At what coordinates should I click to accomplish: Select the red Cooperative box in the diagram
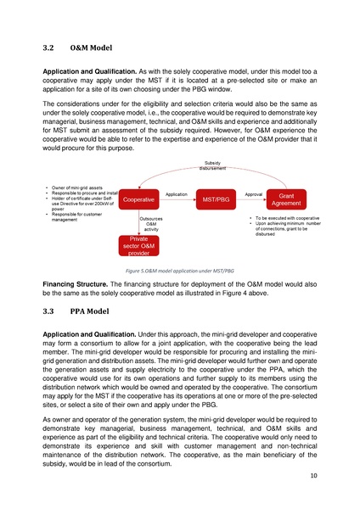click(x=138, y=200)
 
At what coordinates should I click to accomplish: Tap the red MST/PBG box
click(x=216, y=200)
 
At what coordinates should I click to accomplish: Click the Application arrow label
click(x=177, y=194)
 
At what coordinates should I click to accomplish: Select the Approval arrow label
click(x=253, y=194)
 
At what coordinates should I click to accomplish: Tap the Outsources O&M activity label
click(x=151, y=224)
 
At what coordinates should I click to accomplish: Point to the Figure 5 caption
click(x=179, y=268)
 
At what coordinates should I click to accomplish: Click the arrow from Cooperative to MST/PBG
click(x=177, y=201)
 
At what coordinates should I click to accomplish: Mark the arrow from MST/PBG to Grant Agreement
click(x=253, y=201)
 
